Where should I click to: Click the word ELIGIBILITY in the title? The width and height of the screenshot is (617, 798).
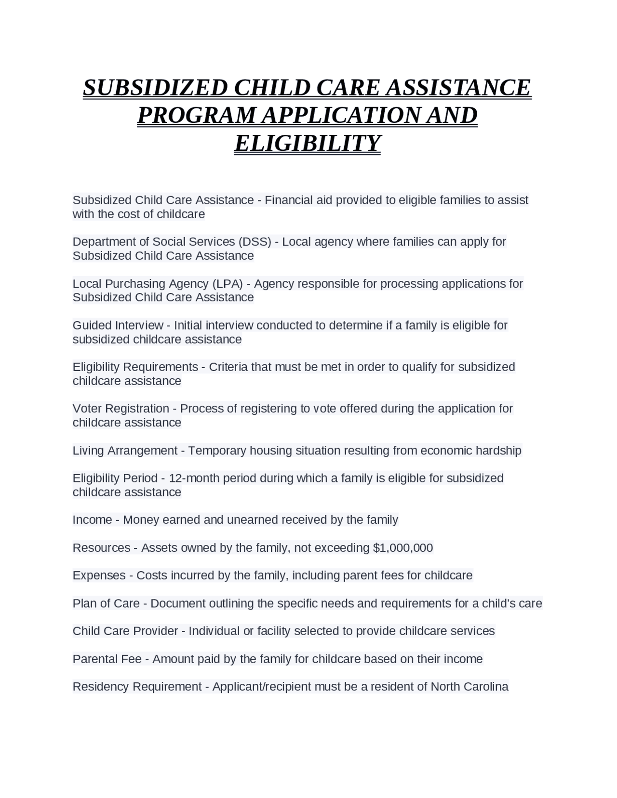coord(308,143)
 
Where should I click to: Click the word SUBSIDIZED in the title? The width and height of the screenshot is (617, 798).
coord(155,88)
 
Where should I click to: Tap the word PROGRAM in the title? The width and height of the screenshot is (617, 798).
coord(197,116)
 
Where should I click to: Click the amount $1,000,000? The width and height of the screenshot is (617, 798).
coord(403,548)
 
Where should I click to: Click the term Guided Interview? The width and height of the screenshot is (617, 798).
coord(118,325)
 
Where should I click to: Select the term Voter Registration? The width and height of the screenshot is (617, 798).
coord(121,409)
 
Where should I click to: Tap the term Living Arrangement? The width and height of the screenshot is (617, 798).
coord(125,451)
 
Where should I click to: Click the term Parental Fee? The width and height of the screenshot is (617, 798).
coord(107,659)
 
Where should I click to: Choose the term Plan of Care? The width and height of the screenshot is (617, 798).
coord(106,603)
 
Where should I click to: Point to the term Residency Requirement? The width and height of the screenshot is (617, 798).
coord(137,687)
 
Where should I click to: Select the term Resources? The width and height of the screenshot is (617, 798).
coord(101,548)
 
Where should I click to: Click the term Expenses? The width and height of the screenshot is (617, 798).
coord(99,575)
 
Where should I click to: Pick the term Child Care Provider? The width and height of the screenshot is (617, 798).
coord(125,631)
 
